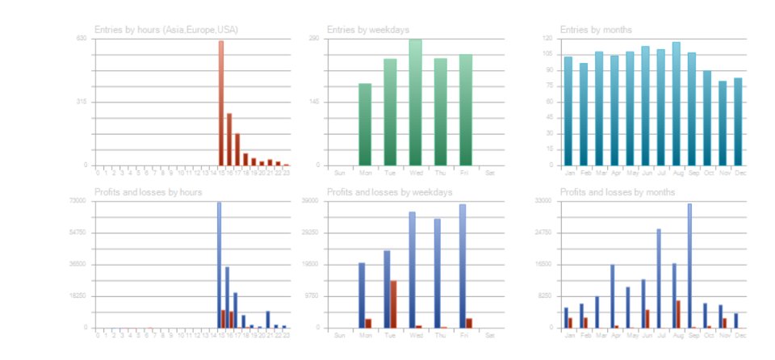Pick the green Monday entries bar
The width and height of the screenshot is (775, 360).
pos(365,124)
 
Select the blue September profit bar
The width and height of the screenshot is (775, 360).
pos(689,266)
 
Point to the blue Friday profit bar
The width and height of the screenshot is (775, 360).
pos(463,266)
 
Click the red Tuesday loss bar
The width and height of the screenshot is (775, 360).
pos(393,304)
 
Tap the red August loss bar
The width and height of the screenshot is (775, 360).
pos(678,314)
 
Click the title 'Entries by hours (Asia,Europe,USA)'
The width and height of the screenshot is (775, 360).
pos(166,30)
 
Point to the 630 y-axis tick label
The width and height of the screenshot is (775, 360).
pos(82,39)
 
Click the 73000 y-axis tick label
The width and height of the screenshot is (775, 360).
pos(78,200)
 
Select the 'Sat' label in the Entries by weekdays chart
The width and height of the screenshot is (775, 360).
pos(489,173)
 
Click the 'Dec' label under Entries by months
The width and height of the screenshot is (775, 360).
pos(739,173)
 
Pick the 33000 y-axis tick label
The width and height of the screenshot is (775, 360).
pos(543,200)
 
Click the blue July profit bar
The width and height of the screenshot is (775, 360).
pos(659,278)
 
